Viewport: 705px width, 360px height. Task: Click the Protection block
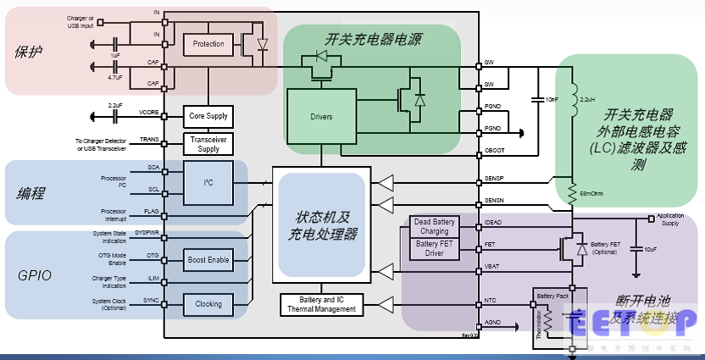(208, 43)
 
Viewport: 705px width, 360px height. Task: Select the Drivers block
(322, 116)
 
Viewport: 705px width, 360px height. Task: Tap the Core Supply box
(208, 116)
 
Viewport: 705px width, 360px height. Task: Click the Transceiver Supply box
(208, 144)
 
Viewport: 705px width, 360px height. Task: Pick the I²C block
(208, 181)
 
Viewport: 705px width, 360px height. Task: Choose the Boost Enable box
(208, 259)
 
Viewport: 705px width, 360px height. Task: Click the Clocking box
(208, 304)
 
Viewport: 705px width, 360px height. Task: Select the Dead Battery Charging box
(434, 226)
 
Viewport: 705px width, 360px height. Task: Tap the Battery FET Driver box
(434, 248)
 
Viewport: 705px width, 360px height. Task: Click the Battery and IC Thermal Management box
(321, 304)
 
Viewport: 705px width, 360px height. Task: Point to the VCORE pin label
(149, 112)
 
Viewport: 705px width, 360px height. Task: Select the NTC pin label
(489, 301)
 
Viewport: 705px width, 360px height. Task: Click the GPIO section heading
(35, 275)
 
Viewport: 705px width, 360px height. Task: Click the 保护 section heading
(29, 52)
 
